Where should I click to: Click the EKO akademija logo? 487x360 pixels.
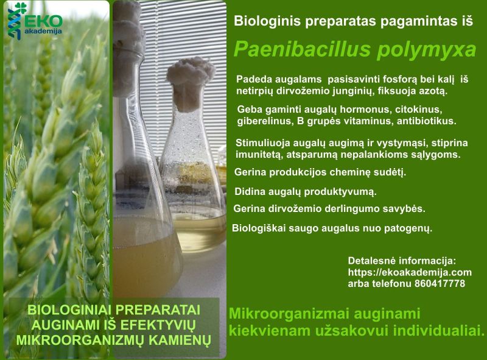point(35,21)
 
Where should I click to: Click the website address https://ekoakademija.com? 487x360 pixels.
point(410,272)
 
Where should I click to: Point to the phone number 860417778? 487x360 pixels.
point(440,283)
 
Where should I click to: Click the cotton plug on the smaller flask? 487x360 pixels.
point(190,82)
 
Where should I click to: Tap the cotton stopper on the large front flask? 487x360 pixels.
point(127,47)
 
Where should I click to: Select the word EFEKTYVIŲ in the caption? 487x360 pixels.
point(158,325)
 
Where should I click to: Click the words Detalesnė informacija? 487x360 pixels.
point(402,261)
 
